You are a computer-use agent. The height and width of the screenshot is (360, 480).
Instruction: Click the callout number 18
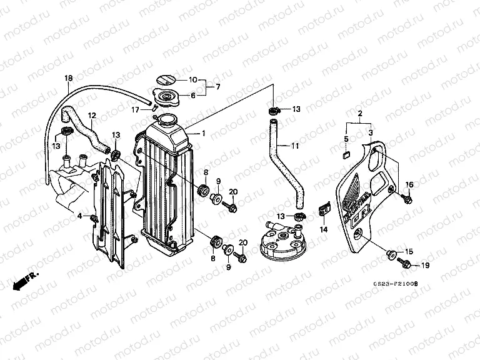(x=69, y=78)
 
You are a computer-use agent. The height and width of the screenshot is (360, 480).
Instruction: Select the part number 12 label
(x=91, y=115)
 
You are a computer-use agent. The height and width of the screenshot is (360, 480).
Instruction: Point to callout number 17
(x=136, y=109)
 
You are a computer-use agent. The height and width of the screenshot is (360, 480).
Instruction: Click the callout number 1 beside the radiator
(x=202, y=133)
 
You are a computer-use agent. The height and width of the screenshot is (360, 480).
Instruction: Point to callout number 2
(x=360, y=115)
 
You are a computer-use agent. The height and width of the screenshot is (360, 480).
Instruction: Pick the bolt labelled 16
(x=407, y=198)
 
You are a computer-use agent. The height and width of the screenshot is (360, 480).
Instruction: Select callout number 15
(x=409, y=251)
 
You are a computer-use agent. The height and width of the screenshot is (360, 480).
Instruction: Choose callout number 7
(x=216, y=87)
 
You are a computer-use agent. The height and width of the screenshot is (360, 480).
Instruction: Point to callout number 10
(x=192, y=80)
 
